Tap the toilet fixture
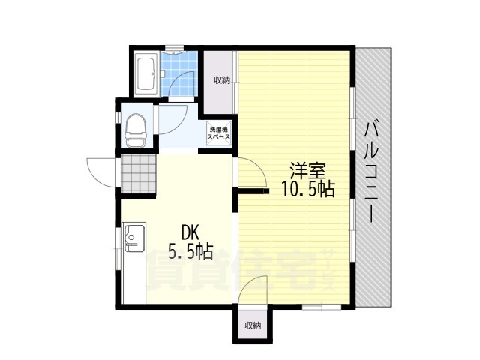(135, 130)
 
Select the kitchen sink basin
(134, 238)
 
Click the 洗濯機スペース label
(219, 133)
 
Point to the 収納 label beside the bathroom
(222, 80)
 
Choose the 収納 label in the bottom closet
(253, 325)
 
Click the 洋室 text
(307, 171)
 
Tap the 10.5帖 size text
(308, 190)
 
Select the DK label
(190, 232)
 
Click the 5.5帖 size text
(190, 252)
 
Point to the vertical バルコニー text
(373, 172)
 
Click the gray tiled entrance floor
(139, 174)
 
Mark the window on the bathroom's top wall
(175, 48)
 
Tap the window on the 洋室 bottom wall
(322, 307)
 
